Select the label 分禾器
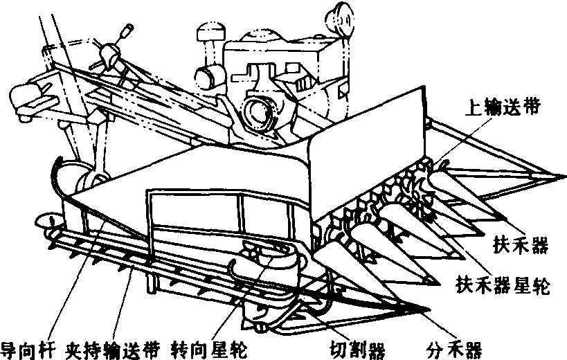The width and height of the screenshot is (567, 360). [456, 346]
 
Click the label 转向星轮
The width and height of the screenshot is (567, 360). [208, 346]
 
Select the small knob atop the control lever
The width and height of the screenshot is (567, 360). [127, 30]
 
